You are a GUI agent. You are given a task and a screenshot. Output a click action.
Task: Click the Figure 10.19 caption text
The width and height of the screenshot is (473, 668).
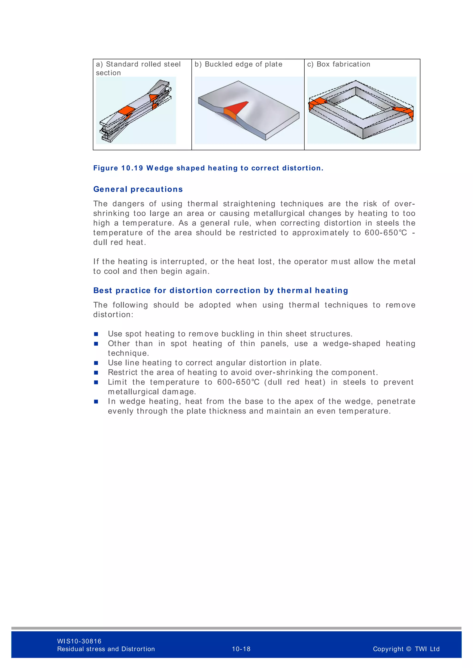click(x=208, y=168)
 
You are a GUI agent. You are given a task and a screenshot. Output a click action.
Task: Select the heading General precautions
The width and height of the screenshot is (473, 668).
click(x=138, y=189)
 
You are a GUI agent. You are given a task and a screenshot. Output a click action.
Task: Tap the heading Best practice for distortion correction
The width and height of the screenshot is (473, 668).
click(x=221, y=290)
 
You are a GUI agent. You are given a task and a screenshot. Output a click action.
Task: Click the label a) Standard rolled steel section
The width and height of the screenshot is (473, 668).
click(x=138, y=68)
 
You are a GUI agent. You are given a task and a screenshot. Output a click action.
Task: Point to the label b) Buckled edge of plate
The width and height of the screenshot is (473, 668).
click(x=238, y=64)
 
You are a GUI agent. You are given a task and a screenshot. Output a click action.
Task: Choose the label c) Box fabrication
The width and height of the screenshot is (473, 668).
click(x=338, y=64)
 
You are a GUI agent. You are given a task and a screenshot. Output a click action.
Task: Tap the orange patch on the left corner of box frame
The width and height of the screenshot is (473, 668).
click(x=317, y=103)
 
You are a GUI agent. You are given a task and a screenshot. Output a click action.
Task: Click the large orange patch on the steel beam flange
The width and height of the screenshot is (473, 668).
click(x=126, y=110)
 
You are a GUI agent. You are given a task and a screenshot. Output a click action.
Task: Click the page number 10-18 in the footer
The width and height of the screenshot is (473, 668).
click(x=241, y=649)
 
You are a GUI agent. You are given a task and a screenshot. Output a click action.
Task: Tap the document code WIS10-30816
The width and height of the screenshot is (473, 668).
click(x=79, y=641)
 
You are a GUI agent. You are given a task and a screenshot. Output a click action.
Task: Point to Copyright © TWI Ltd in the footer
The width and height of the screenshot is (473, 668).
click(x=406, y=649)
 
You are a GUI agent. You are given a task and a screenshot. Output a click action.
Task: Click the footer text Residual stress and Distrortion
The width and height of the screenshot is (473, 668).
click(x=106, y=649)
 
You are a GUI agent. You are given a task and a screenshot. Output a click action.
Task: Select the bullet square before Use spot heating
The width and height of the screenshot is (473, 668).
click(x=96, y=334)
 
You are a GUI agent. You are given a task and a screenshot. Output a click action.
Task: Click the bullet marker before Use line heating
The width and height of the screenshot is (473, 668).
click(x=96, y=363)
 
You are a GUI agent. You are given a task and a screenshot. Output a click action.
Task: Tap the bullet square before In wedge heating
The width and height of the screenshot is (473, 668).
click(x=96, y=402)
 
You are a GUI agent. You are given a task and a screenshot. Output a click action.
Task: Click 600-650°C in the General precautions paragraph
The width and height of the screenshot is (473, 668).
click(x=386, y=233)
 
